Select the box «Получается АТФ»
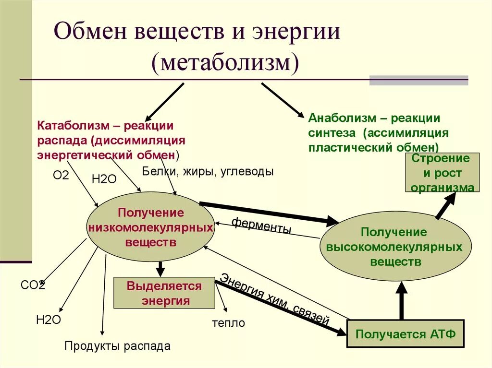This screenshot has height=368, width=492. pos(405,334)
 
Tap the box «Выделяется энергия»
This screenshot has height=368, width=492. pos(164,293)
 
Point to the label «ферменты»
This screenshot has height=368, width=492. pos(261,226)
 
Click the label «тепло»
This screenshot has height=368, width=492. pos(228,323)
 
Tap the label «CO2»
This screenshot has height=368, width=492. pos(33,285)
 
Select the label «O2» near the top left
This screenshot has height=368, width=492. pos(61,175)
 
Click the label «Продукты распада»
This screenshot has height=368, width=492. pos(117,345)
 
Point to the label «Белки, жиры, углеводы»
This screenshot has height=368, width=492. pos(208,171)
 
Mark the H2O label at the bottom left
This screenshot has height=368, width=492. pos(49,320)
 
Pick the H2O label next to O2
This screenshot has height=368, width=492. pos(104,179)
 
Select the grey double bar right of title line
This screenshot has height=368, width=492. pos(418,80)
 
